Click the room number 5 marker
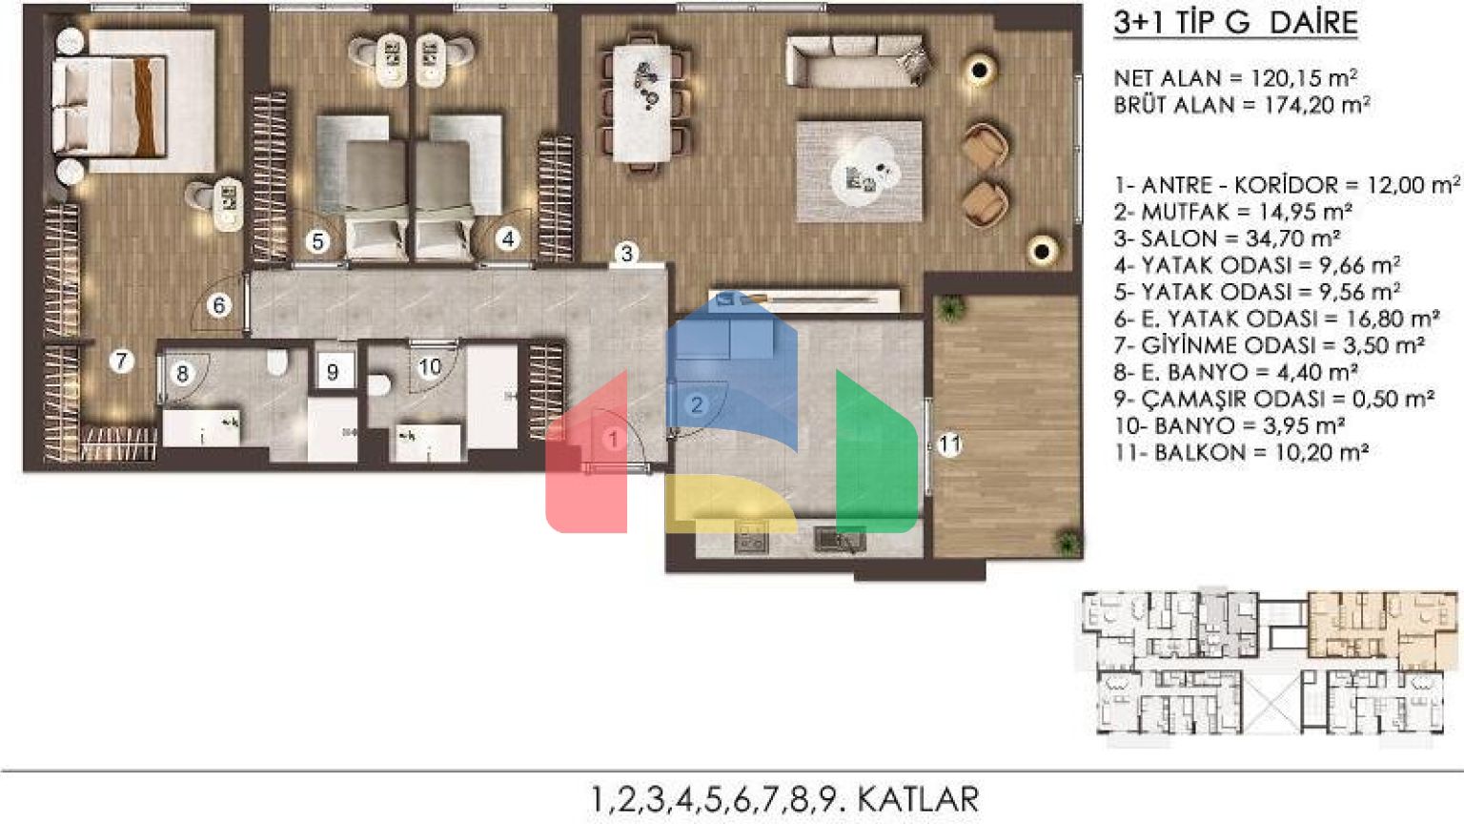coord(317,242)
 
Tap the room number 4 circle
coord(508,239)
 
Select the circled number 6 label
coord(219,305)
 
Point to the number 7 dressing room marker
coord(122,360)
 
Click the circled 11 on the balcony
coord(949,444)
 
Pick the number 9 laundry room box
coord(333,372)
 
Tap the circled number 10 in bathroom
coord(430,367)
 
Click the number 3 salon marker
coord(627,253)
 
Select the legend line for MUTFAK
coord(1232,212)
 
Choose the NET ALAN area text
coord(1235,78)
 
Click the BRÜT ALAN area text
coord(1242,105)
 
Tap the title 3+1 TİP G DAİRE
coord(1236,23)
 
